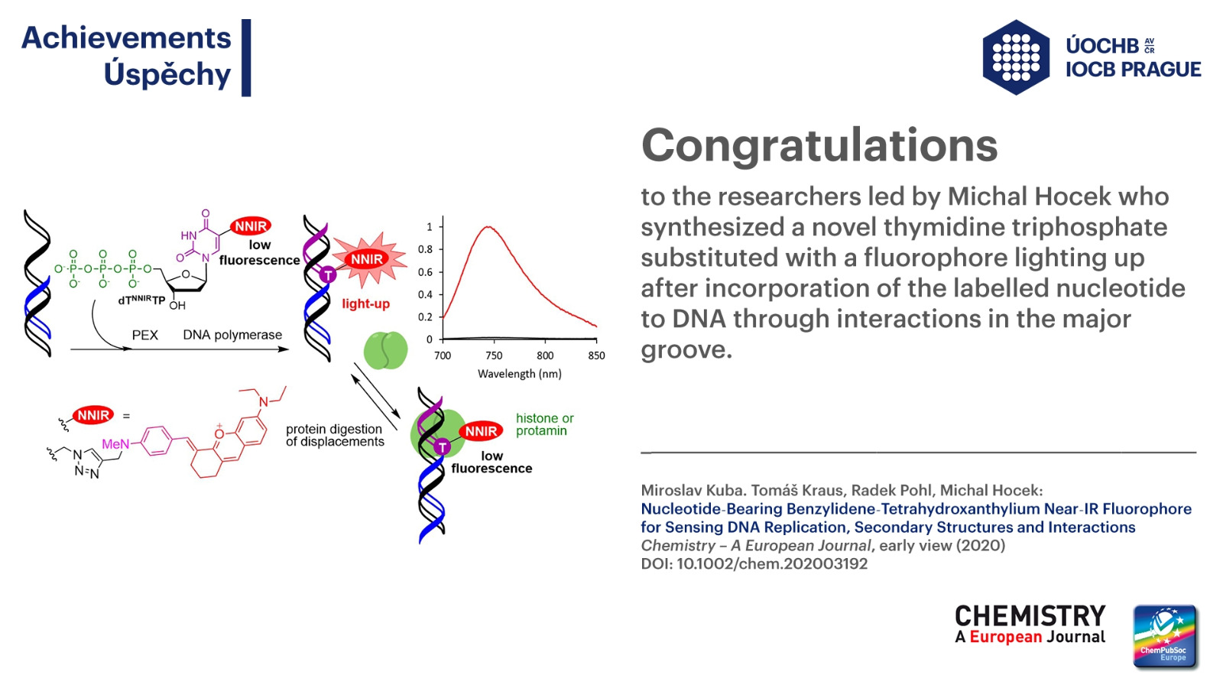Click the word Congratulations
coord(819,145)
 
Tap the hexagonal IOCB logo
coord(1016,57)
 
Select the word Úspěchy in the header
coord(167,74)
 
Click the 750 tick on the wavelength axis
coord(494,355)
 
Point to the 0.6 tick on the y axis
coord(425,272)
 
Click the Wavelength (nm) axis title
coord(519,374)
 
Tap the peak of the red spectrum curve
coord(488,226)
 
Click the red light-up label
coord(366,304)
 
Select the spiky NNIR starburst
coord(368,259)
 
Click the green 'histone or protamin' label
coord(545,425)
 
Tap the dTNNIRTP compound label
coord(141,300)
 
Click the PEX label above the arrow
coord(145,336)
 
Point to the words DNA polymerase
coord(232,335)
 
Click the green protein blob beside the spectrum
coord(385,351)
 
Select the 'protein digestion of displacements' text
coord(335,435)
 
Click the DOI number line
coord(754,563)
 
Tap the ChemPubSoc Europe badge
coord(1165,636)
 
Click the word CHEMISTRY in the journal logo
coord(1030,616)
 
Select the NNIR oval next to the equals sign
coord(92,416)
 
